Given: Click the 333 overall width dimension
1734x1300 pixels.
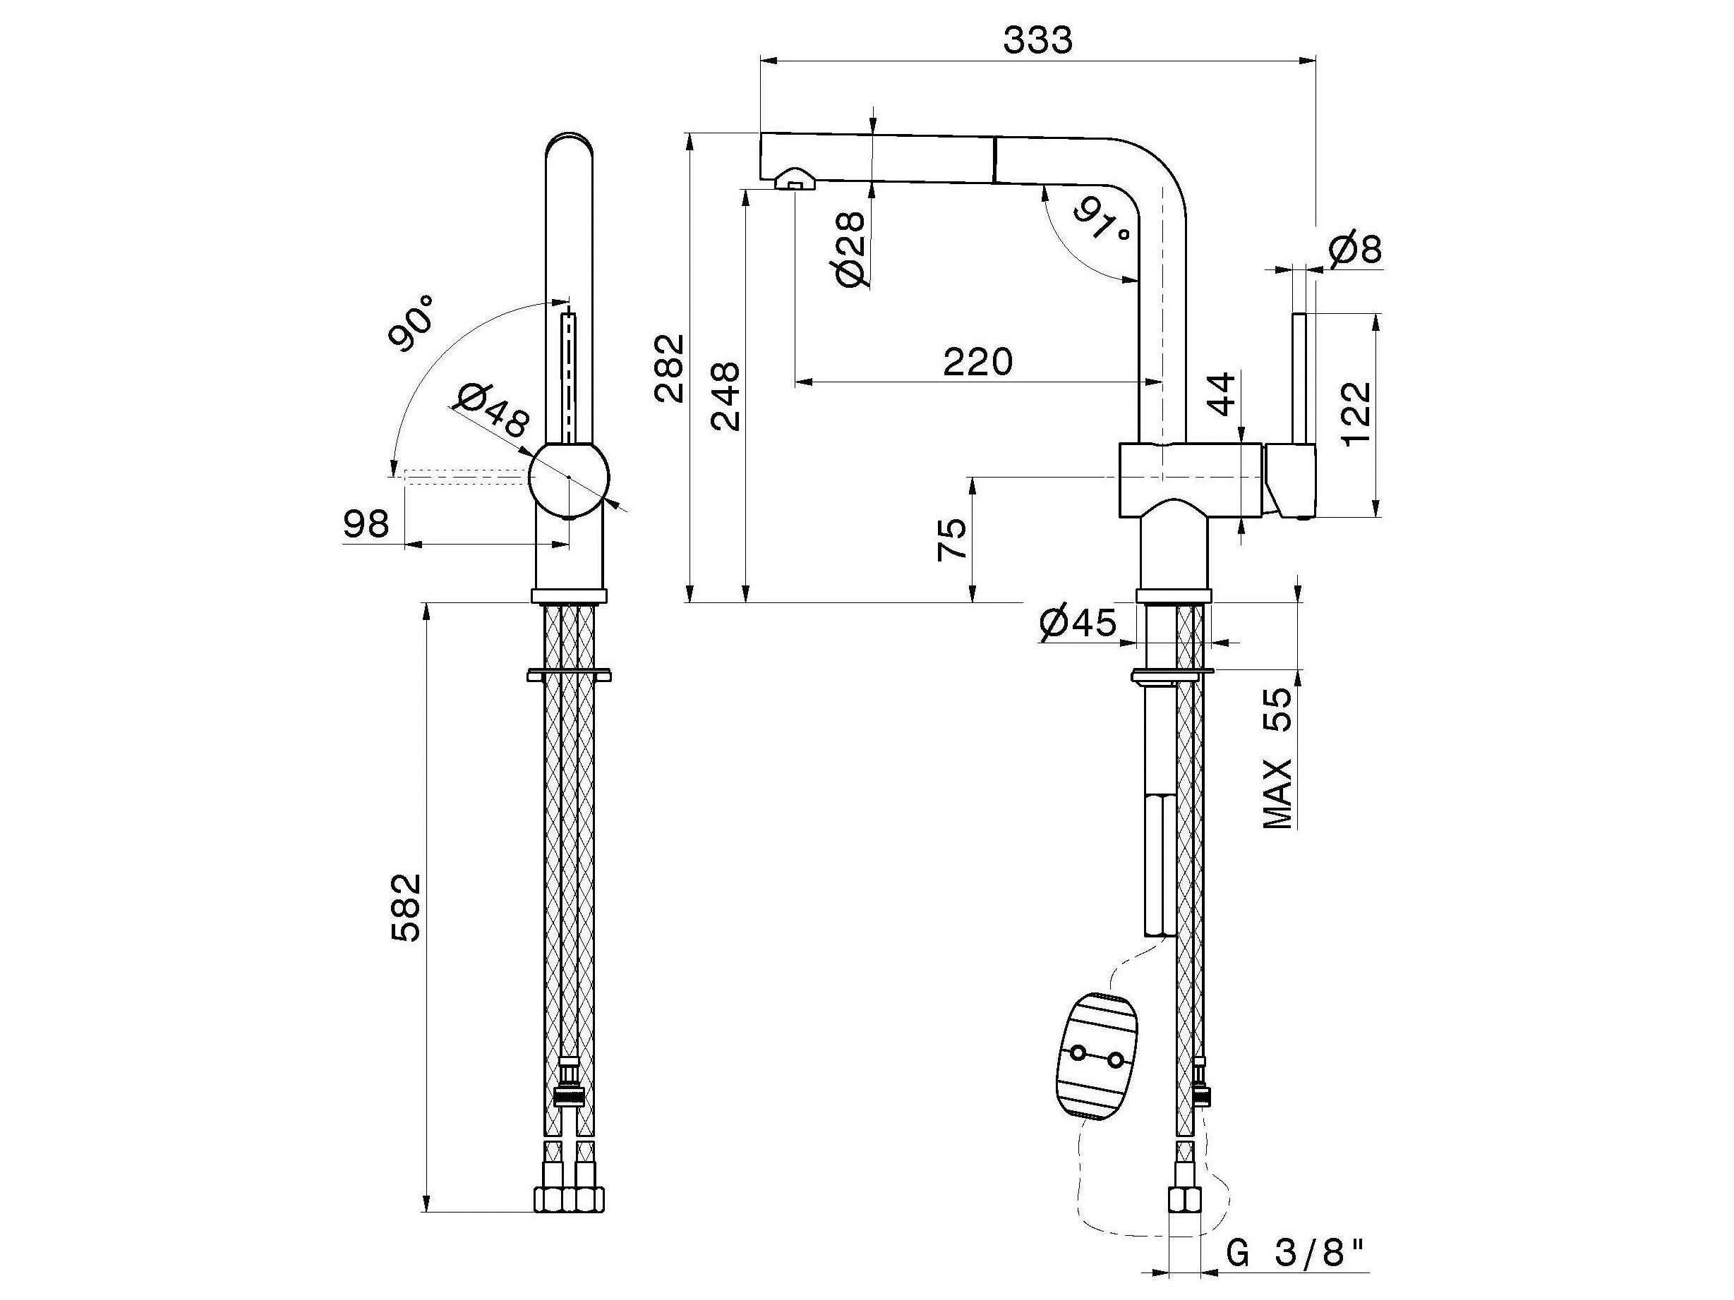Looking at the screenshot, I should (x=1037, y=41).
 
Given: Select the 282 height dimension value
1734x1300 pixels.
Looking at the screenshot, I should (x=670, y=367).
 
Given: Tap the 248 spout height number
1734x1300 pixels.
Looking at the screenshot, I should (x=725, y=396).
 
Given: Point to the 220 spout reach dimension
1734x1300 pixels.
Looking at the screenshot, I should (x=977, y=362).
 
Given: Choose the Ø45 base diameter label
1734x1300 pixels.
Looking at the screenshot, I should (x=1077, y=623).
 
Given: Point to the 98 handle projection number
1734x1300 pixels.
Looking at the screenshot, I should (x=366, y=524).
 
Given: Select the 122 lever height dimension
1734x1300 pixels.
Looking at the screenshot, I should (x=1357, y=413).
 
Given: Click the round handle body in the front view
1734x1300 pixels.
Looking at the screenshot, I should (x=568, y=479).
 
